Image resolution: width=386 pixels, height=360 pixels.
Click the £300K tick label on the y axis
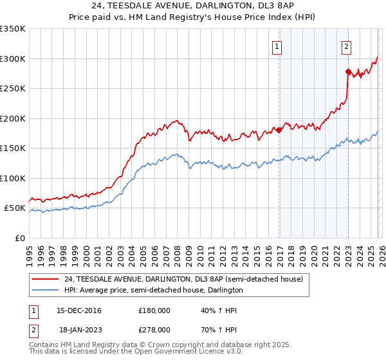click(13, 59)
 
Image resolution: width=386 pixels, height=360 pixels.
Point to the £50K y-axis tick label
click(15, 208)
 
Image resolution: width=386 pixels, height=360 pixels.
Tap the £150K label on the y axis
click(13, 148)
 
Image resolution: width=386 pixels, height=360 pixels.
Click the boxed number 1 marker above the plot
click(277, 46)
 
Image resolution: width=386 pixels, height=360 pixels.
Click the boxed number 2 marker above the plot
click(346, 46)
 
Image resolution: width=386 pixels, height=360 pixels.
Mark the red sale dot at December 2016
click(279, 130)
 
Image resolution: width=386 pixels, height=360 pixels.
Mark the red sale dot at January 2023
click(348, 72)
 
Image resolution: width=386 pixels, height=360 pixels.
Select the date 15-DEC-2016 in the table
click(75, 310)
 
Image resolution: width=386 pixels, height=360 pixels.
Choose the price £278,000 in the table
click(154, 328)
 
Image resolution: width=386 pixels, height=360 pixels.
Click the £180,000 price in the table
click(154, 310)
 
